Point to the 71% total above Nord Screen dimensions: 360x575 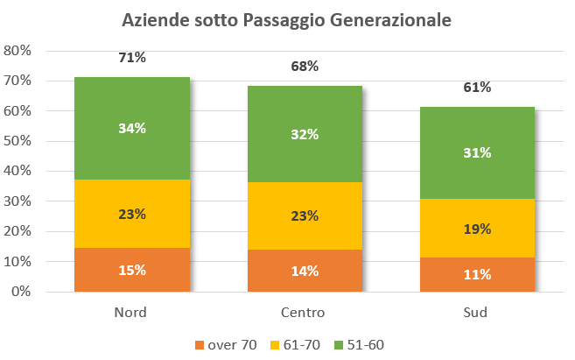131,58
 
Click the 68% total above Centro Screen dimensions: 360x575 305,67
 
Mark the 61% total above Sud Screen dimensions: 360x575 478,87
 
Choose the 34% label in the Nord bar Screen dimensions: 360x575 131,128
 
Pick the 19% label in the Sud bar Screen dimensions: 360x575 478,229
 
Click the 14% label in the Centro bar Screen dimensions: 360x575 305,271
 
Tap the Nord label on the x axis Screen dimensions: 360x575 131,313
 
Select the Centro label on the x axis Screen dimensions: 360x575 305,313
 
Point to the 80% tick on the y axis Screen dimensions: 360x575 18,51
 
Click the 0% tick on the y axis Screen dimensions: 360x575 22,292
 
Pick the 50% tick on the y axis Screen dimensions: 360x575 18,141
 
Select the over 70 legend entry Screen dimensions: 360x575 225,345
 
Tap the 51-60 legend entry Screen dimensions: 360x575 364,345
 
